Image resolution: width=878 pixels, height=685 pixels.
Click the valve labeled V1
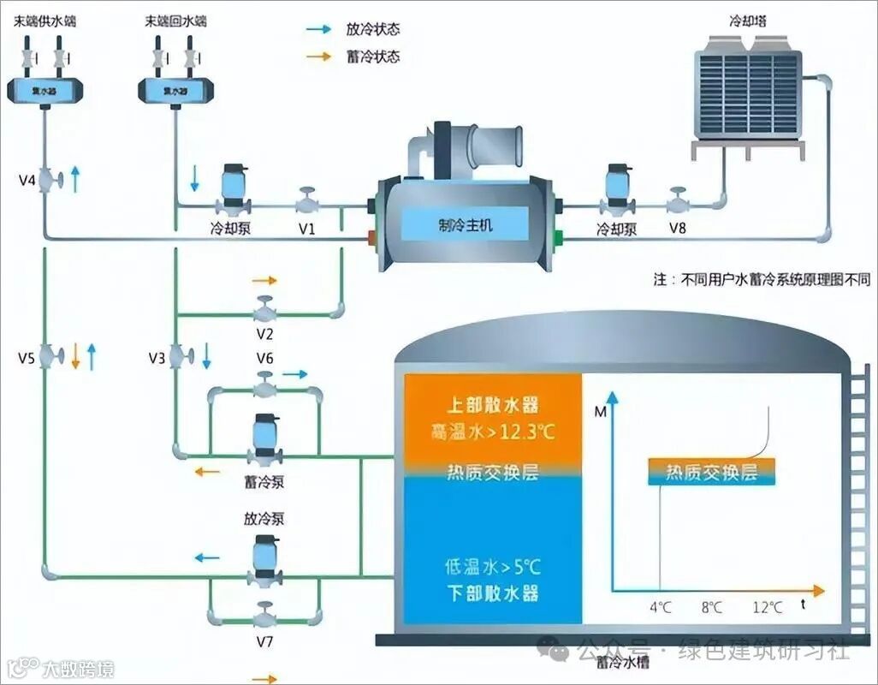click(307, 203)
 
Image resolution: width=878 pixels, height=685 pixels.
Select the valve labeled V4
click(55, 180)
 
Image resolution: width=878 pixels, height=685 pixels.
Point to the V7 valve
click(264, 615)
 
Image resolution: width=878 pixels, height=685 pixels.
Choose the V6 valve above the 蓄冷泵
click(265, 386)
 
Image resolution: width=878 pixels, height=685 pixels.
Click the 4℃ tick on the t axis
click(660, 607)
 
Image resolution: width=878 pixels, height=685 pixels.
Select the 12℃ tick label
click(768, 607)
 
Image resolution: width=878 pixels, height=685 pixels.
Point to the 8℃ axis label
click(712, 607)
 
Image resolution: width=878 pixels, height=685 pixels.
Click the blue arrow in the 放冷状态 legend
click(319, 29)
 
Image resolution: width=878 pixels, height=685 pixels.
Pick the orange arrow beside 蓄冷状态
click(319, 57)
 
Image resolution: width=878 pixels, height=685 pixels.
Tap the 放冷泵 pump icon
click(264, 558)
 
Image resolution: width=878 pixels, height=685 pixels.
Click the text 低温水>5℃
click(493, 566)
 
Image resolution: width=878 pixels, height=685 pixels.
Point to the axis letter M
click(599, 414)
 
